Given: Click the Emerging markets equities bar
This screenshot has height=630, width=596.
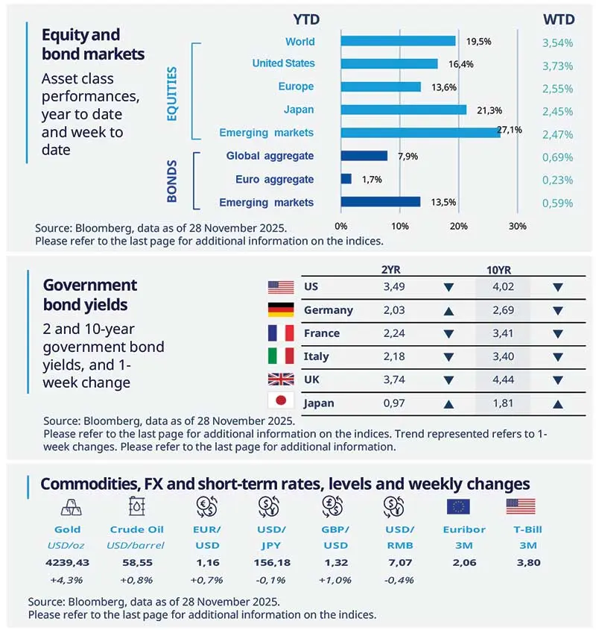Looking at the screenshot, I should [420, 133].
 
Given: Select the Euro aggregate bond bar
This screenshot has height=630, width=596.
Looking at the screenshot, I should [346, 179].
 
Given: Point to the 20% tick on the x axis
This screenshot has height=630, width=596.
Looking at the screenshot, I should [459, 226].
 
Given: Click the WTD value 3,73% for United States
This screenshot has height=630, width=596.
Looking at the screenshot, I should [557, 66].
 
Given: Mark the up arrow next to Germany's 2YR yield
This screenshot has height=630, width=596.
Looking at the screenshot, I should [448, 310].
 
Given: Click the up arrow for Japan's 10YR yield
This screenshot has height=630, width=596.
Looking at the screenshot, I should [559, 403].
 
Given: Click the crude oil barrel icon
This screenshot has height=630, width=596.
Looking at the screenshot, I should [138, 506].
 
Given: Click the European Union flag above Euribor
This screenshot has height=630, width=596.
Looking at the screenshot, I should [458, 506].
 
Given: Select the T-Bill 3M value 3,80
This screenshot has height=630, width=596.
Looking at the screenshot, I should [520, 563].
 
